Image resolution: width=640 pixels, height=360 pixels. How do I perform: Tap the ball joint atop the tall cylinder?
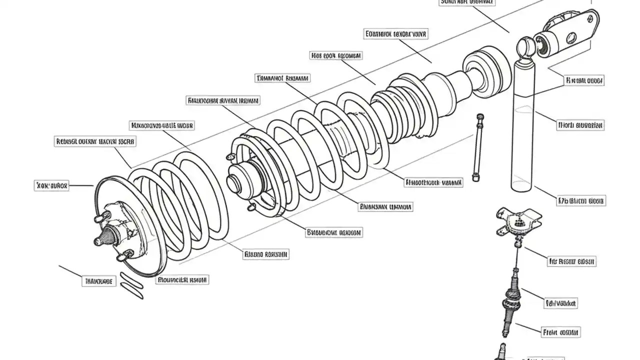[x=524, y=47]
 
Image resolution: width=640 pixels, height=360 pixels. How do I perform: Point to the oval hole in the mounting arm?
[x=571, y=38]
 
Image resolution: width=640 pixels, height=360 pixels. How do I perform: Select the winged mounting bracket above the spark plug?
[x=518, y=220]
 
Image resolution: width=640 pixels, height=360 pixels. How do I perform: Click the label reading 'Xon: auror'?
[x=52, y=185]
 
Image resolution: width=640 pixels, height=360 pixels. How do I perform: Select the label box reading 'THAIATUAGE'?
[x=98, y=281]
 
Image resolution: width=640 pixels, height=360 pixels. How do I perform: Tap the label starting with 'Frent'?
[x=560, y=332]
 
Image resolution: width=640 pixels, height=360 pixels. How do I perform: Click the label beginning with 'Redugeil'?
[x=94, y=142]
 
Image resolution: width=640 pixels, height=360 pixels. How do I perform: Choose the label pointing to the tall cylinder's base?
[x=581, y=201]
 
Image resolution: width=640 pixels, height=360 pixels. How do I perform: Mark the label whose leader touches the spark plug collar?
[x=560, y=303]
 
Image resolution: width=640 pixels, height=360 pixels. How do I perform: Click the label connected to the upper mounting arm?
[x=584, y=80]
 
